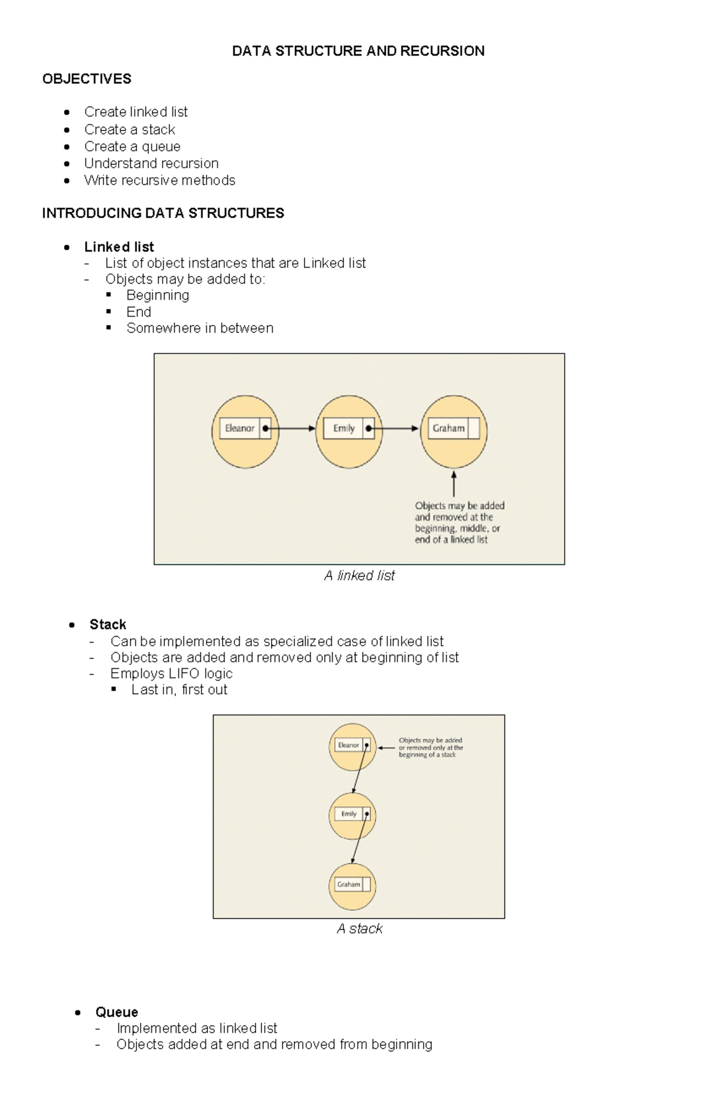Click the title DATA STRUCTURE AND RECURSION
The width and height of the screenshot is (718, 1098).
[358, 51]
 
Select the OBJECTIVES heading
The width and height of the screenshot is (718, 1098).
[87, 79]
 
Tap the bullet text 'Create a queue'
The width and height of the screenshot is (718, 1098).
[132, 147]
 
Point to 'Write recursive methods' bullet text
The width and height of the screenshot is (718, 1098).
[160, 180]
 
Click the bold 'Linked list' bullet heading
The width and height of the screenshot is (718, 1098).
[119, 247]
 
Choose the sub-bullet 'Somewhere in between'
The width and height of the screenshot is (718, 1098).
[200, 328]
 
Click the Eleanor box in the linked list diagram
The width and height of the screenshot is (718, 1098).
[240, 428]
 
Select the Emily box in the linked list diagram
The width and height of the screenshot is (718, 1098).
[344, 428]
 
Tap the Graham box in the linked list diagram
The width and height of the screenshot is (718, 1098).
[449, 428]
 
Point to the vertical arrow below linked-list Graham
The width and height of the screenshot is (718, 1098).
[454, 484]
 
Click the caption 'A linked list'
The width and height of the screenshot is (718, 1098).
[359, 576]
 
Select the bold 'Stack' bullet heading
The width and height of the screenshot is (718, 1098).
[108, 625]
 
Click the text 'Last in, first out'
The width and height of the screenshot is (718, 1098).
[180, 690]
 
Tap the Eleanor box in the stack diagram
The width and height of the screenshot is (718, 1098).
[349, 746]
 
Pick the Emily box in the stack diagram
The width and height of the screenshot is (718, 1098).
[349, 814]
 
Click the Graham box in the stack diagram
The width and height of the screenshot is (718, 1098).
[349, 884]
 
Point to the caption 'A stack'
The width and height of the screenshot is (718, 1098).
[359, 929]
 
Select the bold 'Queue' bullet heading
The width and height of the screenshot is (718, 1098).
[117, 1012]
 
